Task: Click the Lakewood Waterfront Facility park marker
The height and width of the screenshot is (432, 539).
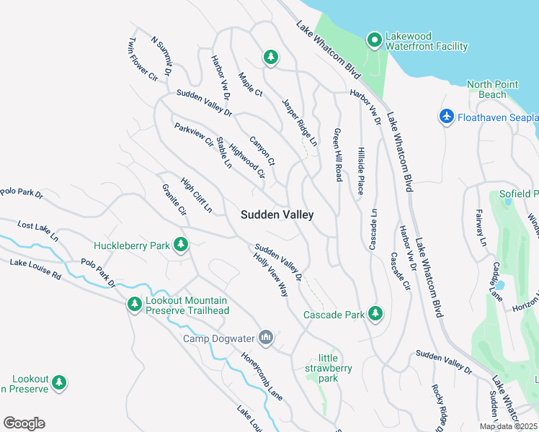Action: click(374, 40)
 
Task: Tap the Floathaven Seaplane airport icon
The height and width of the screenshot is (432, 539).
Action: click(446, 116)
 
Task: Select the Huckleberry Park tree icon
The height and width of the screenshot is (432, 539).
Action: click(180, 246)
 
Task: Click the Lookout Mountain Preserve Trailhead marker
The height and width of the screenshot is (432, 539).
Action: click(134, 305)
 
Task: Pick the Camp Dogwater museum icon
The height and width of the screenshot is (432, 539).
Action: click(266, 338)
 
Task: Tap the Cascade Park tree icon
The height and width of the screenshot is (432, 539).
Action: click(375, 313)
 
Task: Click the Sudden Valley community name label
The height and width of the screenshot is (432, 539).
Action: click(277, 215)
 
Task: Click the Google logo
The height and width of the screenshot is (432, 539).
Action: click(24, 423)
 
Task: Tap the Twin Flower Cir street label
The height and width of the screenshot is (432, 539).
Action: click(143, 59)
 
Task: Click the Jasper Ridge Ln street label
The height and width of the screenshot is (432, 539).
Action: click(300, 123)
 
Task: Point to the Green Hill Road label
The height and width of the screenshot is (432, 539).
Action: click(337, 154)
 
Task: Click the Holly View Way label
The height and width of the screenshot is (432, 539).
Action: click(270, 275)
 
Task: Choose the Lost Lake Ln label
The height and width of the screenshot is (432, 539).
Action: click(37, 231)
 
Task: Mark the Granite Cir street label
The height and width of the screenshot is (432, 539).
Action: click(174, 200)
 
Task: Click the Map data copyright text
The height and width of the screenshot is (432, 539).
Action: click(508, 426)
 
